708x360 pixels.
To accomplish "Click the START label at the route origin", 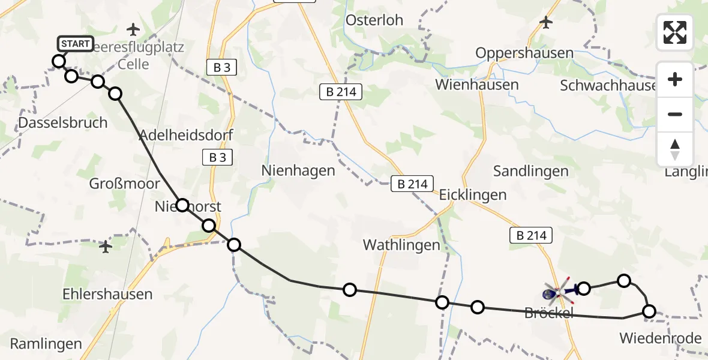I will [76, 44].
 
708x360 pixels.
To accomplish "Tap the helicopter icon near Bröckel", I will [557, 293].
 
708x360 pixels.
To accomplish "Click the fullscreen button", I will [675, 32].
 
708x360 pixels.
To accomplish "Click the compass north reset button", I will [675, 149].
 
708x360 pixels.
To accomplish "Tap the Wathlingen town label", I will [401, 245].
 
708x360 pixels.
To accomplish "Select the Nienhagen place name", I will [298, 170].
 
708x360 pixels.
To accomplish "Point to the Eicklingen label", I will [473, 194].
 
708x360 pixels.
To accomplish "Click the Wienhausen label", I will [477, 85].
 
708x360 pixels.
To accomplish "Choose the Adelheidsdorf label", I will [186, 134].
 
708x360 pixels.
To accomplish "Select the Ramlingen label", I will [46, 344].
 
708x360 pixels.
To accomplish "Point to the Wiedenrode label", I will [661, 338].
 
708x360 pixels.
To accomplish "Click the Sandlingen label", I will [530, 171].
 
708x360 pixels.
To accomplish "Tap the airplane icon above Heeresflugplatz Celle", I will [133, 29].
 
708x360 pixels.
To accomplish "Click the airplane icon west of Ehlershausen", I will [106, 246].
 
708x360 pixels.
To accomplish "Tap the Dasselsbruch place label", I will [63, 122].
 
